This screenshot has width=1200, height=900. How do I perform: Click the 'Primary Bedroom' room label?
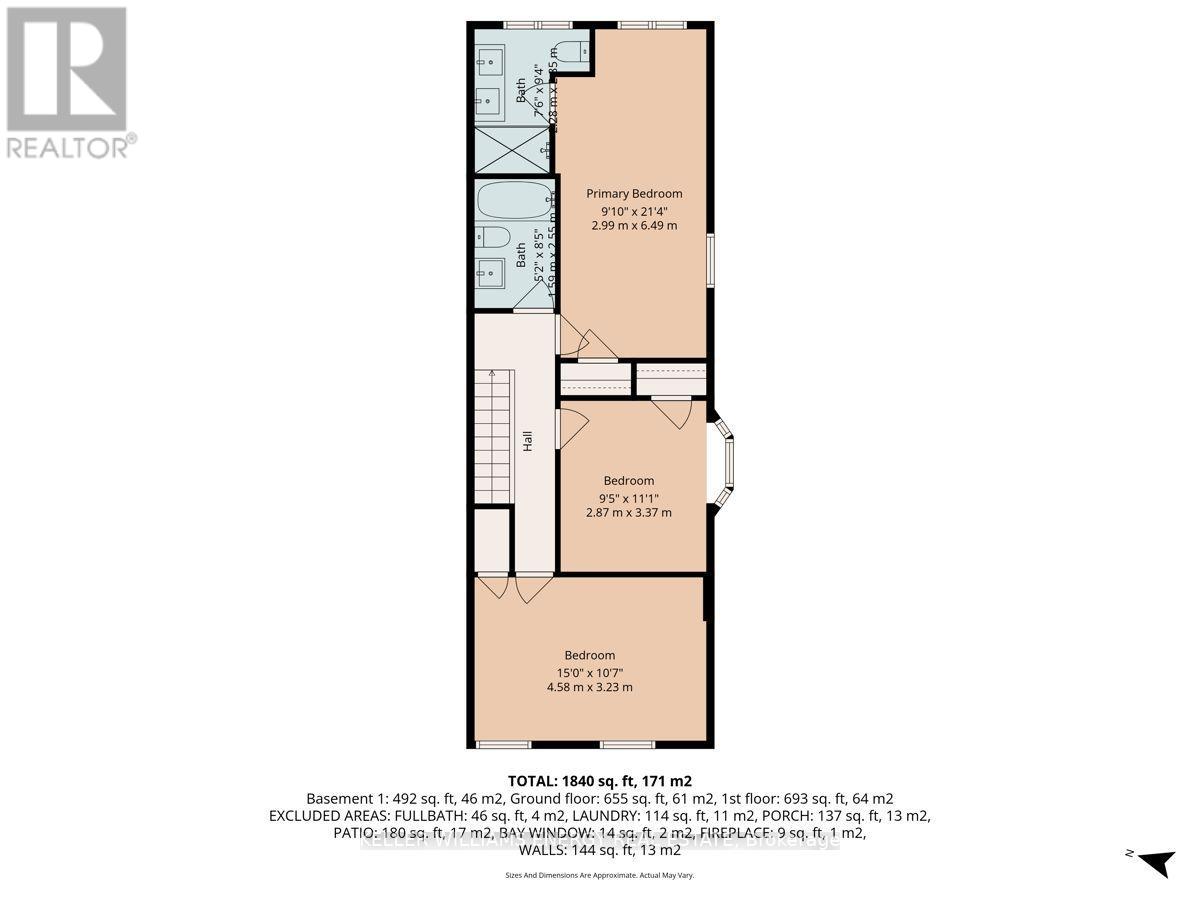[x=634, y=193]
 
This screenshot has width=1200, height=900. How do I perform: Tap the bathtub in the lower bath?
[x=514, y=201]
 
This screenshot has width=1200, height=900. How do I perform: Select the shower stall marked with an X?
[x=510, y=149]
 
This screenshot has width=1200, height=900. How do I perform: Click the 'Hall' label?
[x=526, y=441]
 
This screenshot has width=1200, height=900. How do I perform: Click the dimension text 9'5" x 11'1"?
[x=629, y=497]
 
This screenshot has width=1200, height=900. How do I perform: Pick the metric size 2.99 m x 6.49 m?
[x=634, y=226]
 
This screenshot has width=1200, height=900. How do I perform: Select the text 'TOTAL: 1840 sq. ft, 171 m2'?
[x=599, y=780]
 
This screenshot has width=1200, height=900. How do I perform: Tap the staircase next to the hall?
[x=492, y=436]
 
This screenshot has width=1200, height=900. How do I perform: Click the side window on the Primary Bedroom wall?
[x=710, y=260]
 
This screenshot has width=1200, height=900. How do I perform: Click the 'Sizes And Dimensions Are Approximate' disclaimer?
[x=599, y=875]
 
